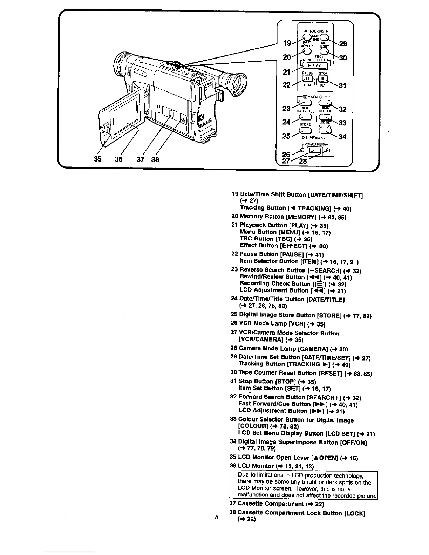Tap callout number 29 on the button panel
point(343,43)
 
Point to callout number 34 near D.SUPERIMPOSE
point(342,137)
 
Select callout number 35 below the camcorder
point(98,159)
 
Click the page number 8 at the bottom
point(217,516)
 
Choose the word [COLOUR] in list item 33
point(251,426)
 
